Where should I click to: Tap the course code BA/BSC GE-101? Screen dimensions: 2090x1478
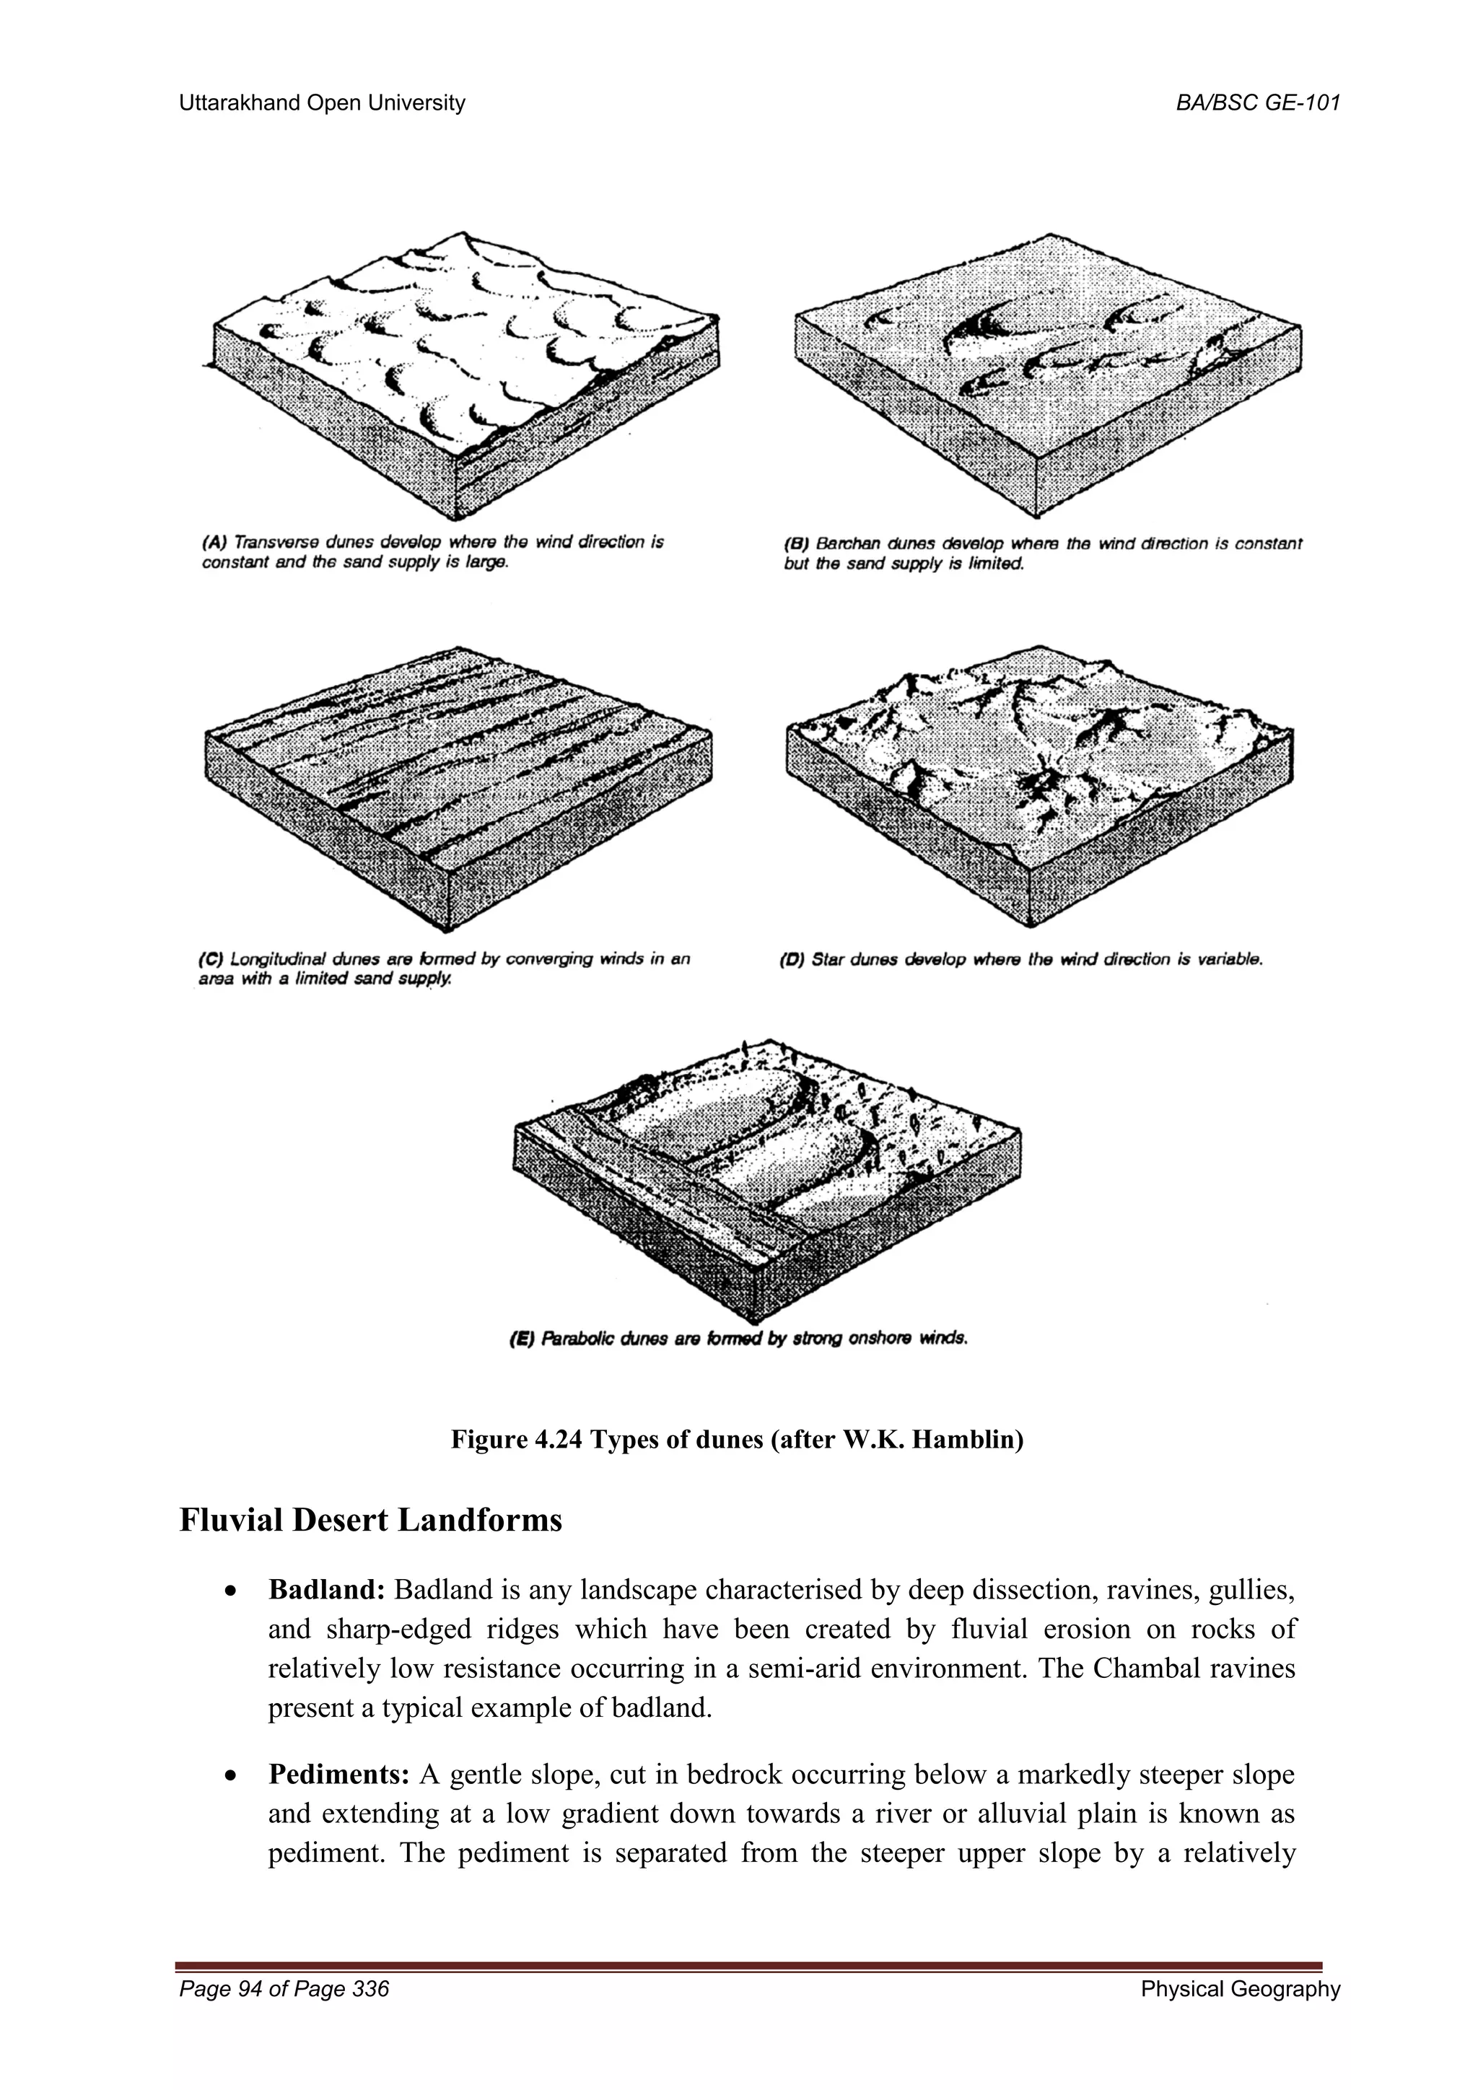pos(1258,104)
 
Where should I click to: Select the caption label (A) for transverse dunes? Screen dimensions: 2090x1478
pos(215,543)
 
